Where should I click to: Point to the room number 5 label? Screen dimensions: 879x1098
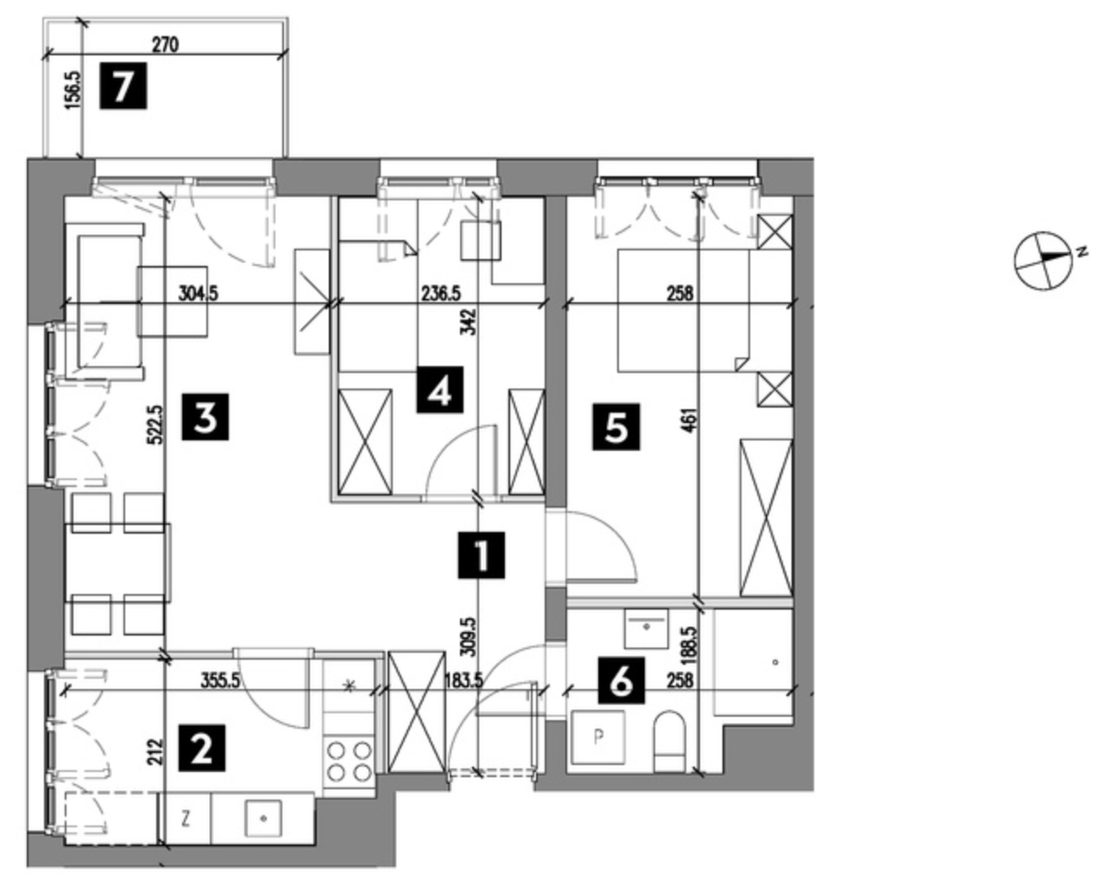[x=616, y=425]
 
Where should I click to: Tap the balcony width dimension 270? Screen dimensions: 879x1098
[x=165, y=45]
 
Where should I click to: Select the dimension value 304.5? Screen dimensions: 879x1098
[x=199, y=294]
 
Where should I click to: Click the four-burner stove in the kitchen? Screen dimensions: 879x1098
[x=350, y=760]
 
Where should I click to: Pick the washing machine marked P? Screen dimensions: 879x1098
[x=598, y=738]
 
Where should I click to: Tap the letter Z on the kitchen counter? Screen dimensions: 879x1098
[x=186, y=815]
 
